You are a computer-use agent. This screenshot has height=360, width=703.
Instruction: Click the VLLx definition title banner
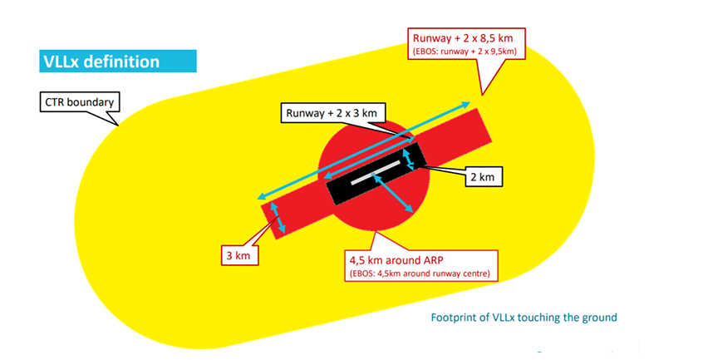click(118, 61)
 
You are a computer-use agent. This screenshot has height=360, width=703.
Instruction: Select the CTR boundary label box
click(80, 102)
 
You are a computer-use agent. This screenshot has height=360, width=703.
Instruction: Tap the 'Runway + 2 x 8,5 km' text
click(463, 38)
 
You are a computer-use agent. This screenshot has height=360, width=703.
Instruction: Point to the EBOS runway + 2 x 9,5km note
click(465, 52)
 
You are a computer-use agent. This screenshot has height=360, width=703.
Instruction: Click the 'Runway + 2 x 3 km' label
click(332, 113)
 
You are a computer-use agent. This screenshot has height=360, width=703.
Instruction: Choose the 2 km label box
click(483, 176)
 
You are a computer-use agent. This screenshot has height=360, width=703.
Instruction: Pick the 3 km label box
click(238, 256)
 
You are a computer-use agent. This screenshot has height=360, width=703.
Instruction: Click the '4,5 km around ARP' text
click(396, 260)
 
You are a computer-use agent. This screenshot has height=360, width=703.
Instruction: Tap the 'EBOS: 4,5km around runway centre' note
click(420, 274)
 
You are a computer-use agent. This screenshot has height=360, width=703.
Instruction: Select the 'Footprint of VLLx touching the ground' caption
click(524, 318)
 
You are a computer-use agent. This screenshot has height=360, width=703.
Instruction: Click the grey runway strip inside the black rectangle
click(375, 172)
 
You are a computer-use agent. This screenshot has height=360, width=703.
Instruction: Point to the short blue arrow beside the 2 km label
click(409, 160)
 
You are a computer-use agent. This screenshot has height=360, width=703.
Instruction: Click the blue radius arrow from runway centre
click(392, 193)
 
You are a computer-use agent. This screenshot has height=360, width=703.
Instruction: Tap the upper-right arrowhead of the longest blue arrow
click(466, 105)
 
